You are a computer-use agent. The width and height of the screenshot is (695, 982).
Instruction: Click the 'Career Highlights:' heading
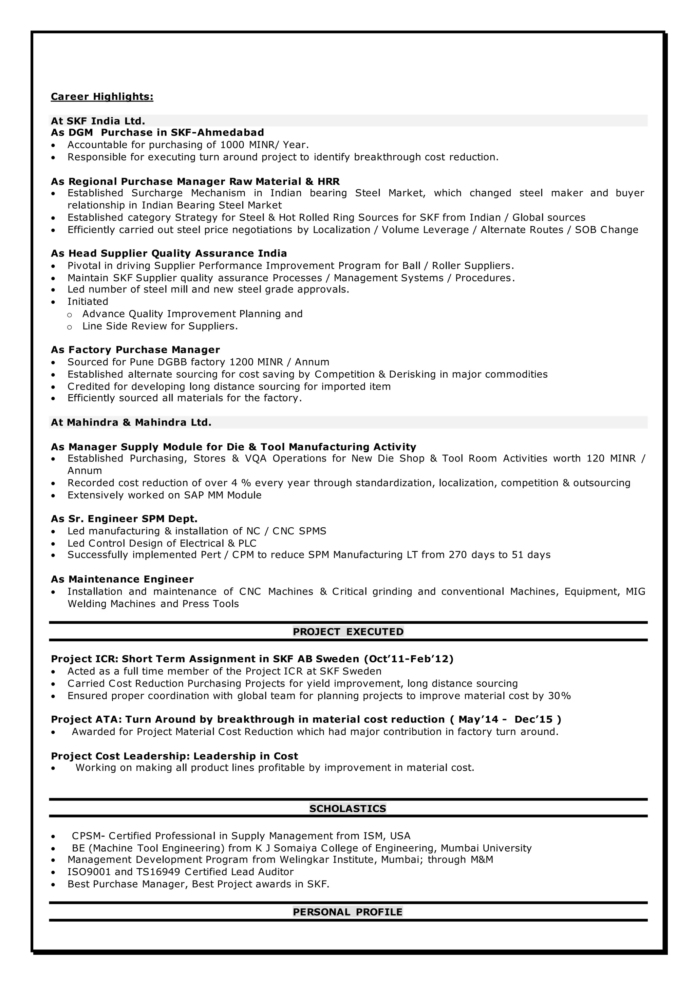tap(102, 97)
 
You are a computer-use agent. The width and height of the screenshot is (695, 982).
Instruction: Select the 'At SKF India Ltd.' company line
tap(98, 121)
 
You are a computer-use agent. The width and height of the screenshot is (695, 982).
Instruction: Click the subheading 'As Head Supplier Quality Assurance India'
tap(169, 253)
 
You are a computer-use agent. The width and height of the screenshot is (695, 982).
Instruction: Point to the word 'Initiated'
tap(88, 302)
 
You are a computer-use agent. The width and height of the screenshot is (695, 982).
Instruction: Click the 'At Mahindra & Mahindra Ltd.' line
tap(131, 423)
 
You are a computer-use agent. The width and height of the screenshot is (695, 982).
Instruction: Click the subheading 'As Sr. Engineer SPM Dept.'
tap(124, 519)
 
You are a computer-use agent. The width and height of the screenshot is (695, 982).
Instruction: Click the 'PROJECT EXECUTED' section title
tap(348, 632)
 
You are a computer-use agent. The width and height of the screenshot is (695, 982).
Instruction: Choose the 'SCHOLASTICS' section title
tap(347, 809)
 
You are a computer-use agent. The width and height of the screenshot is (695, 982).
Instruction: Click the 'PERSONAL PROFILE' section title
tap(347, 912)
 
